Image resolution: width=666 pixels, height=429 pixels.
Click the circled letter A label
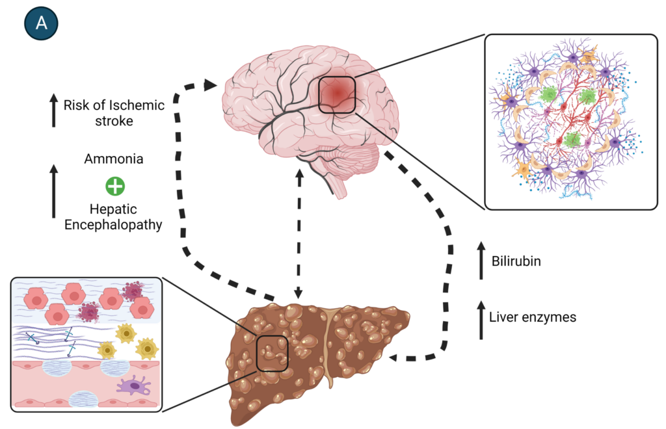[41, 23]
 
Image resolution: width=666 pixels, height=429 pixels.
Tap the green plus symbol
[115, 187]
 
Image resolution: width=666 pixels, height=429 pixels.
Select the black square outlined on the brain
[337, 95]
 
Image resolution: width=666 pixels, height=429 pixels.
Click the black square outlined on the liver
[272, 354]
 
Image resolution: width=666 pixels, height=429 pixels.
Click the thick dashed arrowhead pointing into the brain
[209, 84]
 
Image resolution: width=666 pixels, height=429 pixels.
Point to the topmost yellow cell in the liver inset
[126, 333]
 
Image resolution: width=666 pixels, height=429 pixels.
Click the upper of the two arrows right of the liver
[481, 260]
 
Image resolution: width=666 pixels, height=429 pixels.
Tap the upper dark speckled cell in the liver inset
[133, 291]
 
